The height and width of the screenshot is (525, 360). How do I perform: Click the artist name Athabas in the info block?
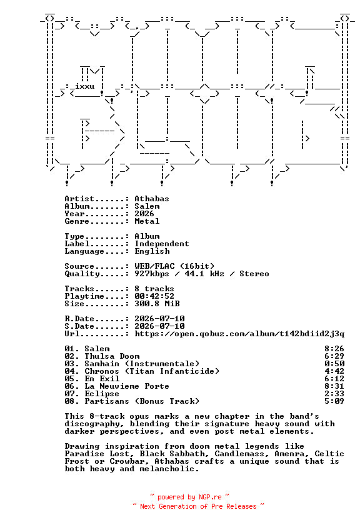pyautogui.click(x=152, y=199)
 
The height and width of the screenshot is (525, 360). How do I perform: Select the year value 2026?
pyautogui.click(x=144, y=214)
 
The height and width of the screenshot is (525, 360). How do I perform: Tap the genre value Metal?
pyautogui.click(x=147, y=221)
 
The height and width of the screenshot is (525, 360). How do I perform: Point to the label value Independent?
pyautogui.click(x=162, y=244)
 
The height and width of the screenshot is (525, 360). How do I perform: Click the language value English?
pyautogui.click(x=152, y=251)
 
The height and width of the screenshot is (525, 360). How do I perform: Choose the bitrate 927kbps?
pyautogui.click(x=152, y=274)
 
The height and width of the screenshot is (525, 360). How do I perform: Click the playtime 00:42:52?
pyautogui.click(x=154, y=296)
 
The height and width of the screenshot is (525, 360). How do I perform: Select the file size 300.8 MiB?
pyautogui.click(x=157, y=304)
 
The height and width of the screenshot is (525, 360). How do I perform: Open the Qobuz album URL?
pyautogui.click(x=239, y=334)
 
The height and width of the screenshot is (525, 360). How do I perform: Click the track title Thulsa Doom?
pyautogui.click(x=112, y=356)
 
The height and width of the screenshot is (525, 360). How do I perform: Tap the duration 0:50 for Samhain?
pyautogui.click(x=334, y=364)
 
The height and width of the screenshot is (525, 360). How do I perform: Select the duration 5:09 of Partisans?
pyautogui.click(x=334, y=401)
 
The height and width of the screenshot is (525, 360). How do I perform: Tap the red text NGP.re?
pyautogui.click(x=210, y=497)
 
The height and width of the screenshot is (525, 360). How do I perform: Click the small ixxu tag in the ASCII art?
pyautogui.click(x=85, y=86)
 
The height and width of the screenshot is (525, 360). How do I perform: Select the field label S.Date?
pyautogui.click(x=79, y=326)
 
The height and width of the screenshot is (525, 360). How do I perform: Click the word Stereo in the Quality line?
pyautogui.click(x=254, y=274)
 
